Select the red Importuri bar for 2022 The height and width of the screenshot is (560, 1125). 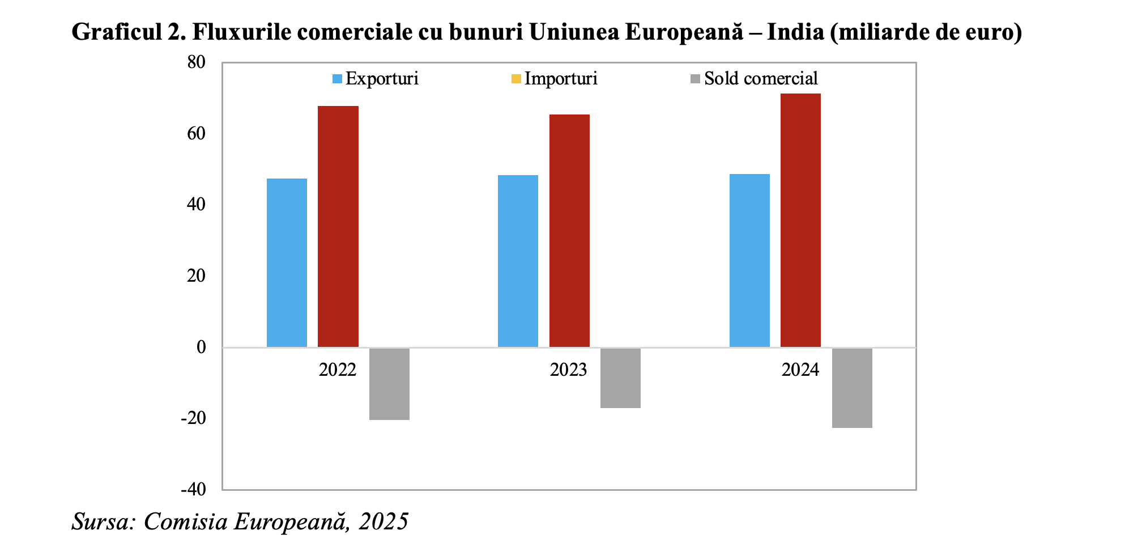(338, 227)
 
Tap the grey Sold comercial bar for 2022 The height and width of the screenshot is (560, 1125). (389, 384)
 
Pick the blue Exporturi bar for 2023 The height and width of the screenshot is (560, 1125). (518, 261)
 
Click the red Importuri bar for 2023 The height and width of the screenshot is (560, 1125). (569, 231)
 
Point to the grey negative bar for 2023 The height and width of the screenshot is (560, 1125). (620, 378)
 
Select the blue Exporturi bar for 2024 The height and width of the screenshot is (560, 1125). (749, 260)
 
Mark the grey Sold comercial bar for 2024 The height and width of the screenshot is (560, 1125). (852, 388)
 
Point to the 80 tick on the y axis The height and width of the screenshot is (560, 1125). (197, 62)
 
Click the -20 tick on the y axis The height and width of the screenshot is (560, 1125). (193, 418)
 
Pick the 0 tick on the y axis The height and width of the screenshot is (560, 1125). (201, 347)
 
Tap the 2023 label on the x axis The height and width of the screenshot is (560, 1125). (568, 370)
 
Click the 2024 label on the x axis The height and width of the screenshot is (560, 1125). (800, 370)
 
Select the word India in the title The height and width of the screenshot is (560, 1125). (795, 32)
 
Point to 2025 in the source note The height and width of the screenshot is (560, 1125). (383, 521)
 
